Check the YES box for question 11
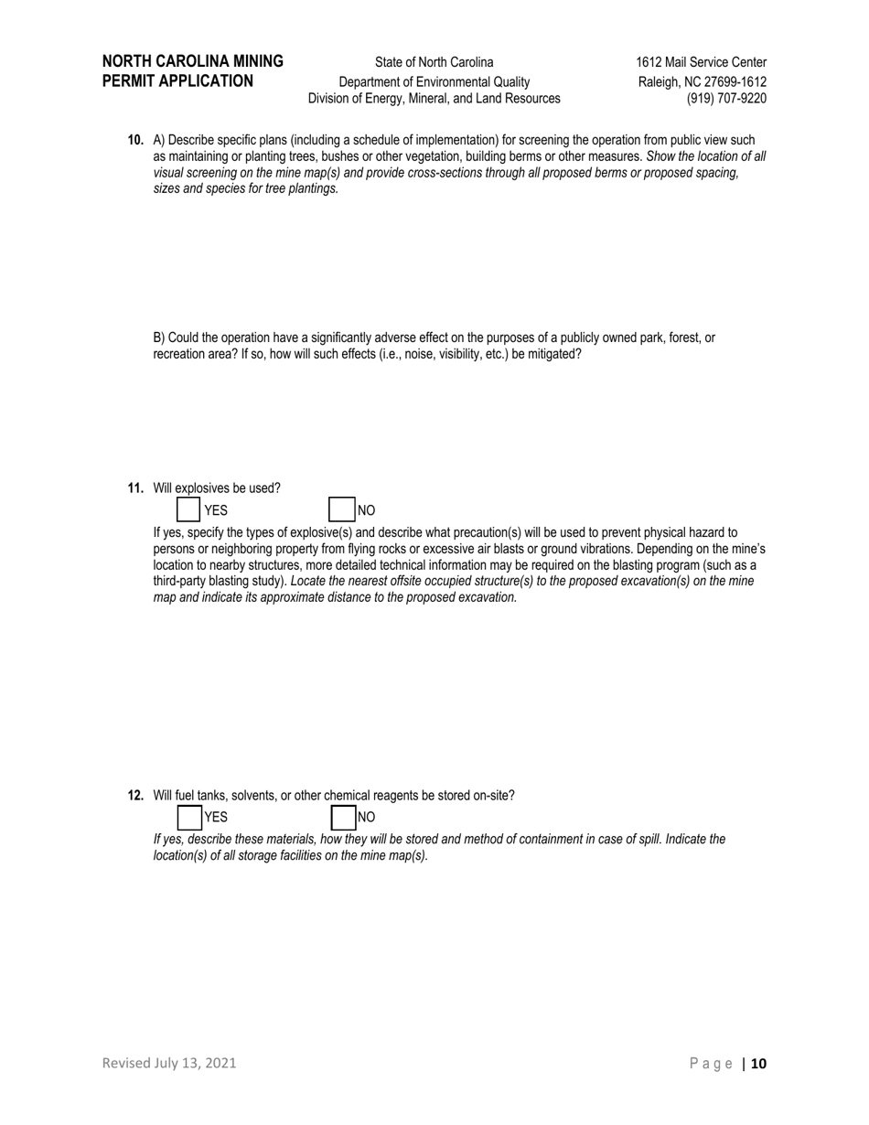[188, 509]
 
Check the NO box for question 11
[341, 509]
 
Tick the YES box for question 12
[188, 817]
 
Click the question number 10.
[135, 140]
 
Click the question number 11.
[135, 487]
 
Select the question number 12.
[135, 795]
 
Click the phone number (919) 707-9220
[726, 99]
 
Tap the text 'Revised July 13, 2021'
[169, 1063]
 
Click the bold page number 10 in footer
[759, 1063]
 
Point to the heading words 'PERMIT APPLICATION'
[177, 80]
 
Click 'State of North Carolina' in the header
[434, 62]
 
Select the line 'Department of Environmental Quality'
[434, 81]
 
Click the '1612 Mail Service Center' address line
[701, 62]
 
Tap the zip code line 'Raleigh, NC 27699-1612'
[702, 81]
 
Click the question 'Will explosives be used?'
[217, 487]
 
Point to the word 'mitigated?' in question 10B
[553, 354]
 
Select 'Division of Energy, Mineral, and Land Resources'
[434, 99]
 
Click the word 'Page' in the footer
[711, 1063]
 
